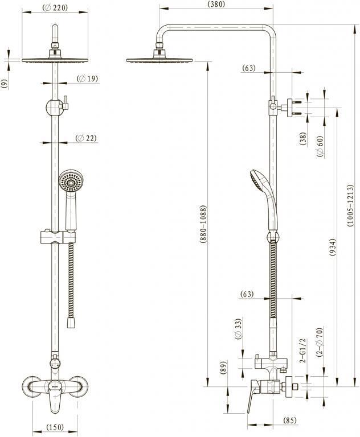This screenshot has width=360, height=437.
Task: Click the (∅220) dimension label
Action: (55, 8)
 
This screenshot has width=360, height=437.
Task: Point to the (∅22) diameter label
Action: (86, 138)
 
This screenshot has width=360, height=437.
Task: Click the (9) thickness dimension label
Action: (5, 84)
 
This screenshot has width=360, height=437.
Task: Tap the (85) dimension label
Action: (290, 420)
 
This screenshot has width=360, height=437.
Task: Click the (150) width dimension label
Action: (54, 427)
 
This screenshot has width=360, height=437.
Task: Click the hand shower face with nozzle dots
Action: (69, 182)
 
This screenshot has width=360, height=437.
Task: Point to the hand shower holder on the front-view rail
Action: (57, 236)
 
